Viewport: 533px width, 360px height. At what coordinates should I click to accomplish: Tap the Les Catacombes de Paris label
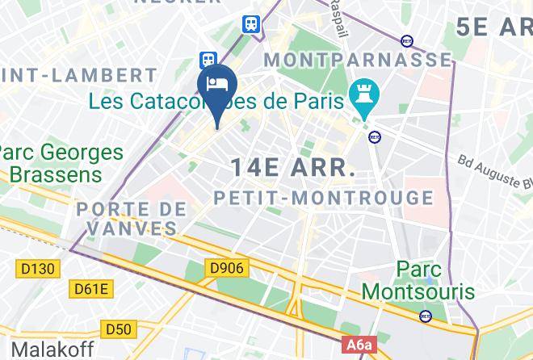point(218,103)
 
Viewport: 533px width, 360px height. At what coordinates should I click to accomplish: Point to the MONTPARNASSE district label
point(359,60)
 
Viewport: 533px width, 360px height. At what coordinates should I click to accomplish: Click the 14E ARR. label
point(293,168)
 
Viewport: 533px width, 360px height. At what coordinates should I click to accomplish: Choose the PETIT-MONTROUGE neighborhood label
point(323,197)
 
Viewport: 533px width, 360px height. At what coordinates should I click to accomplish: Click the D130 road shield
point(37,267)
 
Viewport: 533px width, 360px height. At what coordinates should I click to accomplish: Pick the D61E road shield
point(93,288)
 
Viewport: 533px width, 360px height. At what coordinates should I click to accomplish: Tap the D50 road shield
point(119,329)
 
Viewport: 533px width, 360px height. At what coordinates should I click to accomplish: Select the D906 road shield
point(227,267)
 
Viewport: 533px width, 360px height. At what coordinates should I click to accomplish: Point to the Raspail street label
point(333,19)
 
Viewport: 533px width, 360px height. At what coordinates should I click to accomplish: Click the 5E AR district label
point(493,26)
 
